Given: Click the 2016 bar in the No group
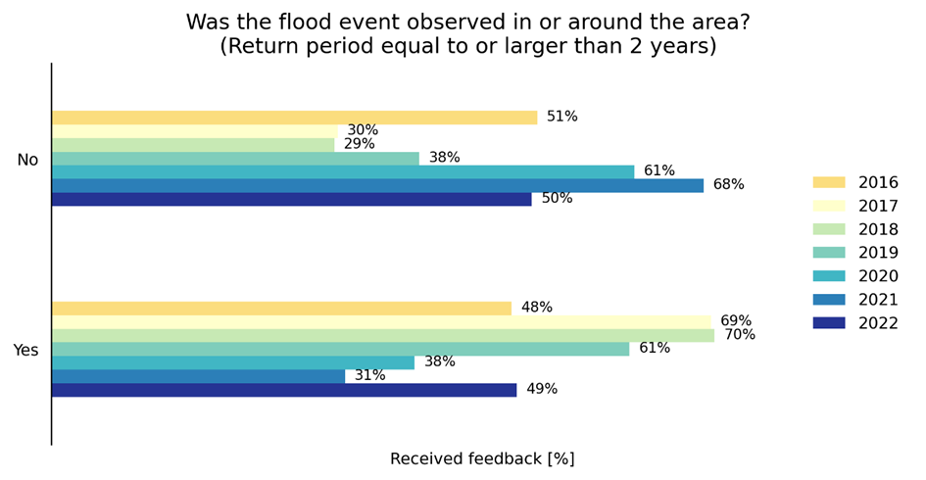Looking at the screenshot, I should pyautogui.click(x=294, y=118).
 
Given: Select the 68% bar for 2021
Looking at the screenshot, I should pyautogui.click(x=377, y=185).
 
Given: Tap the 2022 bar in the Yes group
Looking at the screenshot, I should pyautogui.click(x=284, y=390).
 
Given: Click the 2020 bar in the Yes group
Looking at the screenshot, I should pyautogui.click(x=233, y=362).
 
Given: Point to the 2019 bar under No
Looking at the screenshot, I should pyautogui.click(x=235, y=159).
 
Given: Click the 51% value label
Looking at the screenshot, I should pyautogui.click(x=561, y=118).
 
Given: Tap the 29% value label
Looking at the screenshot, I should pyautogui.click(x=359, y=145).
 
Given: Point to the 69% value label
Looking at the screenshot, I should pyautogui.click(x=736, y=321).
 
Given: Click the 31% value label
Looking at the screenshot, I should pyautogui.click(x=369, y=376).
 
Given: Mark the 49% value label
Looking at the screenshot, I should pyautogui.click(x=542, y=390).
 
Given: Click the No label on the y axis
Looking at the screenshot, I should pyautogui.click(x=27, y=161).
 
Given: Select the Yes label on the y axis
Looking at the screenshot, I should pyautogui.click(x=26, y=351).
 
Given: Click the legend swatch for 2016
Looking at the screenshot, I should pyautogui.click(x=828, y=182).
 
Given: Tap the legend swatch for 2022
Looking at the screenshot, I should pyautogui.click(x=828, y=323).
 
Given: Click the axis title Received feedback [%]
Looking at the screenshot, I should pyautogui.click(x=482, y=459).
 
